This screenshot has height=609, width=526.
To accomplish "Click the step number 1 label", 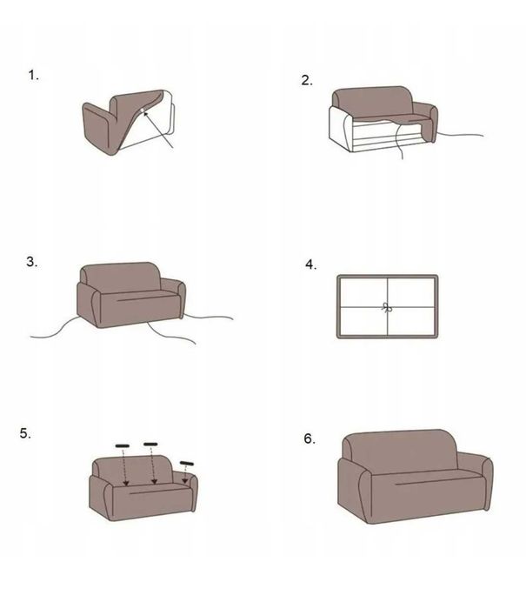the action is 33,75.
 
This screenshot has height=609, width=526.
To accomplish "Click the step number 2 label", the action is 307,80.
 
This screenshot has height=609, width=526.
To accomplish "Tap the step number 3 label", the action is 32,262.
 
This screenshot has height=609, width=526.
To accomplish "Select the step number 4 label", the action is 310,264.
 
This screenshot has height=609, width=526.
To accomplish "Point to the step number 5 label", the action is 25,433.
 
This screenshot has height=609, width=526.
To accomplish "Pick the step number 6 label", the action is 310,438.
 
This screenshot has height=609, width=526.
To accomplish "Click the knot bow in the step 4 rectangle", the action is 387,308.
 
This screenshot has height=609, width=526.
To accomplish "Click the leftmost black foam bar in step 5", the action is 123,445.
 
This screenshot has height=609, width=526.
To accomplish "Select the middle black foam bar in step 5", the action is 150,444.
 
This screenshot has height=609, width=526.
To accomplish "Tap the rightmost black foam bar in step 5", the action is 186,463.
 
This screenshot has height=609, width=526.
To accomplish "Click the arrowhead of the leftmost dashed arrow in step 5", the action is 126,483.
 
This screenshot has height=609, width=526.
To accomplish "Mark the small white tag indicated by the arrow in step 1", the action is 143,110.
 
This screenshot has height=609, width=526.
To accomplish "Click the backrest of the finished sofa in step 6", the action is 400,451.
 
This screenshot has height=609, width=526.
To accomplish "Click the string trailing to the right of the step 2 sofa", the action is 460,135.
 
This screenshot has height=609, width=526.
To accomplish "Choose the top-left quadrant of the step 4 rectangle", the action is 363,292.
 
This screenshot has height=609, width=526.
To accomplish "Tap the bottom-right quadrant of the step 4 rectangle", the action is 411,321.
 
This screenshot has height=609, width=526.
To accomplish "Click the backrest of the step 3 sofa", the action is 121,277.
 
